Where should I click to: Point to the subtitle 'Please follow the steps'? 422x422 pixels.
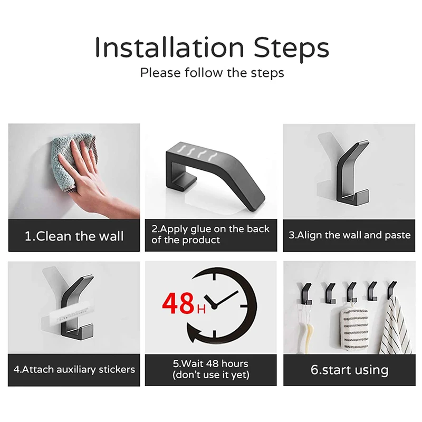pos(212,73)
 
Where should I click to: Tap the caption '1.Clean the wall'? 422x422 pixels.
pos(74,236)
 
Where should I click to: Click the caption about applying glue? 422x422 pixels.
pos(210,235)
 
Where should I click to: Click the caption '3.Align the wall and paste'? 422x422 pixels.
pos(349,235)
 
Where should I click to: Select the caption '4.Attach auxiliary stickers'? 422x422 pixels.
pos(74,369)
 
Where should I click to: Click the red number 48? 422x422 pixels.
pos(178,304)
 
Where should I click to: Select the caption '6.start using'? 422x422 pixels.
pos(349,370)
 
